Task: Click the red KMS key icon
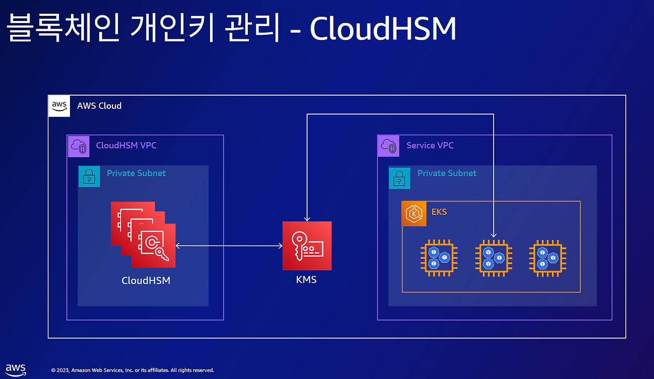click(307, 246)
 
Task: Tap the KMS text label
click(306, 280)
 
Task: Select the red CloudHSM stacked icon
click(143, 234)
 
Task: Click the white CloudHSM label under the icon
click(146, 280)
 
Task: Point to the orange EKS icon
click(414, 214)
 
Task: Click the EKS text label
click(439, 212)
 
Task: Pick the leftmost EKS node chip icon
click(439, 258)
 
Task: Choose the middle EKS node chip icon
click(494, 258)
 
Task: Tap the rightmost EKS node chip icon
click(548, 258)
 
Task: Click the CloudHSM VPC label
click(126, 145)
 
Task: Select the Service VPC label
click(430, 145)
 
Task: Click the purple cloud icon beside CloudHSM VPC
click(79, 146)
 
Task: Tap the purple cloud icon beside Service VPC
click(389, 146)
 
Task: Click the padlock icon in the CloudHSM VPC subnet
click(89, 176)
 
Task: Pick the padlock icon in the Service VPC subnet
click(400, 178)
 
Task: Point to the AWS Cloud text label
click(99, 105)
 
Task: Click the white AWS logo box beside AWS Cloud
click(59, 106)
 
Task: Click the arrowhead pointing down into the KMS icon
click(307, 219)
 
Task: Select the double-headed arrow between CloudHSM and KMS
click(229, 246)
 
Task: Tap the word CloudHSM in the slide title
click(383, 28)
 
